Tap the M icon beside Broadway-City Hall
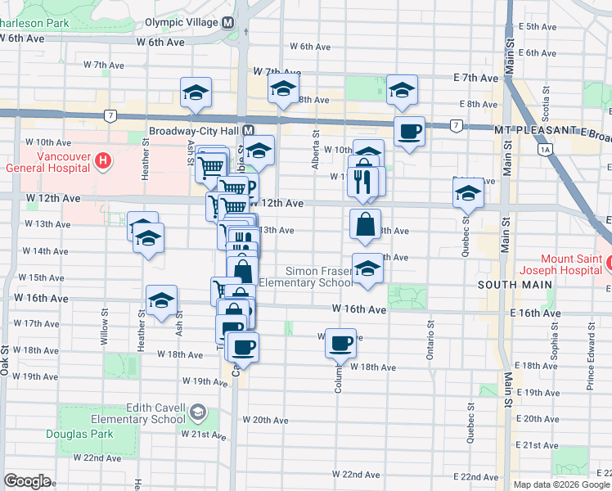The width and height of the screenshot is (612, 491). [248, 131]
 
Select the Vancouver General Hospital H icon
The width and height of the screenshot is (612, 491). [102, 160]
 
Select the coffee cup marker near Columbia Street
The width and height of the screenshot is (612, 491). [341, 343]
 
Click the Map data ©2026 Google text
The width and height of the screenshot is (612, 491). [561, 484]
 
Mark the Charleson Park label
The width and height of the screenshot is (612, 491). [34, 24]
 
